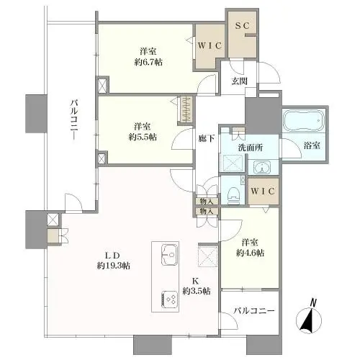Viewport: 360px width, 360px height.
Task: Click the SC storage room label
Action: (243, 26)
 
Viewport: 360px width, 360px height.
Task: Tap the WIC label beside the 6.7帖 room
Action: (210, 45)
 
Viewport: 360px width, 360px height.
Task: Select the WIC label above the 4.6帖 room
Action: (263, 192)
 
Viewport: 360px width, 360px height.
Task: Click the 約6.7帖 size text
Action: (148, 63)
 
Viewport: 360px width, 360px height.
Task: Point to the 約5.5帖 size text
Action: (143, 137)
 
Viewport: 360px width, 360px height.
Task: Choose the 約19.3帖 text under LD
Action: (114, 266)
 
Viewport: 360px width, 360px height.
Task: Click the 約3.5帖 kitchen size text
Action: (197, 291)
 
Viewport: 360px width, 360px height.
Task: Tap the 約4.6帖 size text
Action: (250, 253)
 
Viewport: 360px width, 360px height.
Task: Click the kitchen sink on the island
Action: (170, 255)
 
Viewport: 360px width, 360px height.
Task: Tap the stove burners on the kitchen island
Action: (170, 299)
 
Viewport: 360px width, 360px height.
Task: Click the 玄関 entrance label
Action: (239, 81)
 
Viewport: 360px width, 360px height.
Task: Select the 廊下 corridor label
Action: (206, 138)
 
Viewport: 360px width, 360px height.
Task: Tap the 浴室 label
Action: (312, 145)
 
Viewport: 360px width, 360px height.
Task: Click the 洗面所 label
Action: (251, 148)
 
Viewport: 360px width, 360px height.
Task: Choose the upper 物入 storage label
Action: (207, 202)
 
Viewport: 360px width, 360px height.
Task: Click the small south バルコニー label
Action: (254, 311)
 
